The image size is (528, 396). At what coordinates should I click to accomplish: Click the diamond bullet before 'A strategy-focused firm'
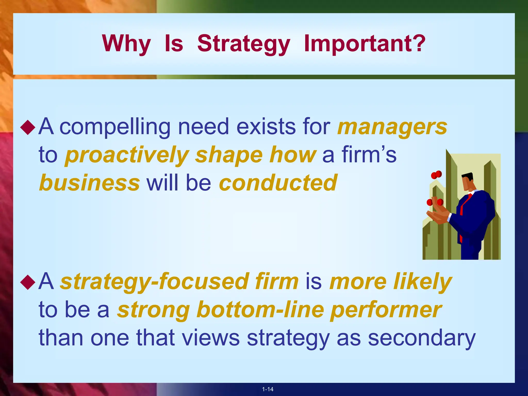point(28,282)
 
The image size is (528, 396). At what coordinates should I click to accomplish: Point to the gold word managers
point(392,127)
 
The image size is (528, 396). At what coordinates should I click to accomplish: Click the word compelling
point(115,127)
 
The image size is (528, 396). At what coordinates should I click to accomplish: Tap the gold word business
point(89,183)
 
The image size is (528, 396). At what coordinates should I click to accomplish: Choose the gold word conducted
point(278,183)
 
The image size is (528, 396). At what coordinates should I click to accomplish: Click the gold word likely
point(423,282)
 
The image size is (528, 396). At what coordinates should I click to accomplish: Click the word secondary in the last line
point(422,338)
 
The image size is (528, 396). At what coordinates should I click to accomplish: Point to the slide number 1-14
point(268,389)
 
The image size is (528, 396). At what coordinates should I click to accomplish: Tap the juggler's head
point(467,181)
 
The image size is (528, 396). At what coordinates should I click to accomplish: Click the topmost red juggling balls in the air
point(436,175)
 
